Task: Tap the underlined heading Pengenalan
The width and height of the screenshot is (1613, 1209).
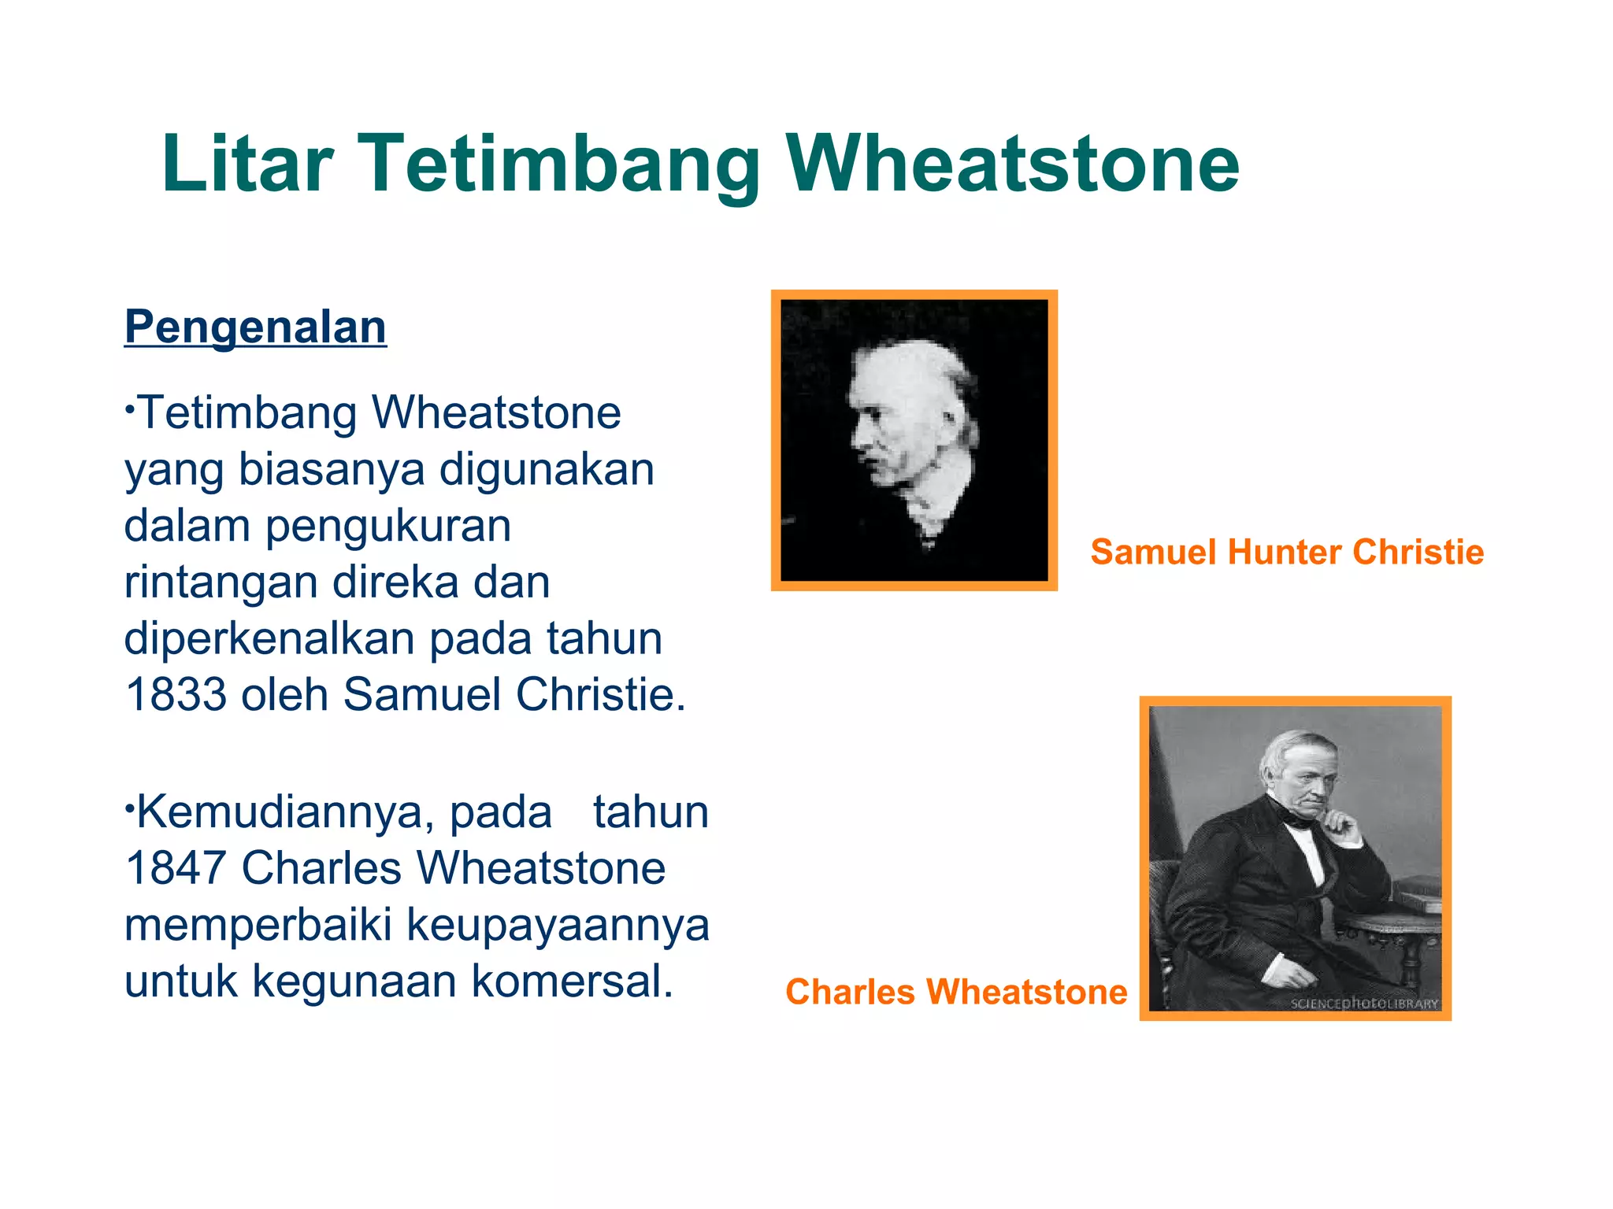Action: (255, 327)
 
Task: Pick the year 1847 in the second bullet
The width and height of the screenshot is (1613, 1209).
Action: (176, 868)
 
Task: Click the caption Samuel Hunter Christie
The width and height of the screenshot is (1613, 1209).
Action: (1287, 552)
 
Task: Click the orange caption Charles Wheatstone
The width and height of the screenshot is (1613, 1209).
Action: (956, 992)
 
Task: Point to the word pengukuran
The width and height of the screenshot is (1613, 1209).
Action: (388, 526)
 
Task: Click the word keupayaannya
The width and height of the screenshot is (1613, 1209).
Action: (558, 925)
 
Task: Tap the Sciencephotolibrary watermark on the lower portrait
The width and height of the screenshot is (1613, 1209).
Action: (1364, 1003)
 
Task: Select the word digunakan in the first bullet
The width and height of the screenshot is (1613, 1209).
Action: (547, 470)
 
